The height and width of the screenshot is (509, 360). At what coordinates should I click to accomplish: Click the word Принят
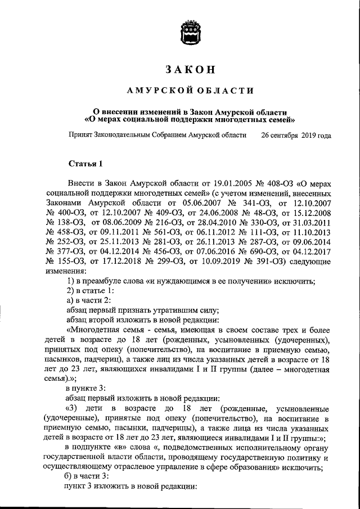coord(81,136)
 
